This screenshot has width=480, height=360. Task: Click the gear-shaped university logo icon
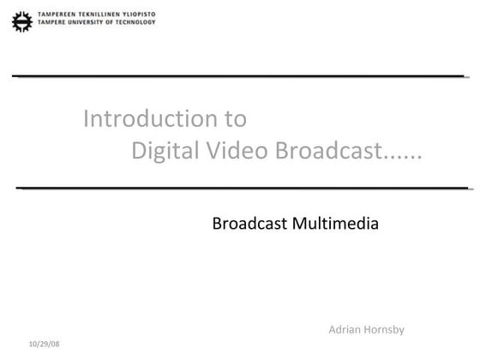[21, 20]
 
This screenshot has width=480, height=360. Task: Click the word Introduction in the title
[142, 118]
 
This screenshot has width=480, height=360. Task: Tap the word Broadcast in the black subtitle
[249, 225]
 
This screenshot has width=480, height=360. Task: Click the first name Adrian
[345, 330]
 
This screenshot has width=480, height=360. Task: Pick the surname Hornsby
[386, 330]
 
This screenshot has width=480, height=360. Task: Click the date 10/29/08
[45, 344]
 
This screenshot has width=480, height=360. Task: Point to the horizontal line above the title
[240, 76]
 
